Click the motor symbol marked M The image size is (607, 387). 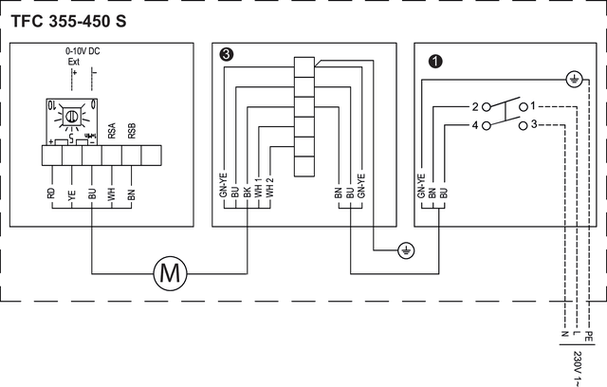click(x=172, y=275)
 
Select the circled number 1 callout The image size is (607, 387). click(x=435, y=61)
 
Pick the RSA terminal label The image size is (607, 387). click(x=111, y=132)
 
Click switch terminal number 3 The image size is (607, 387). click(x=534, y=124)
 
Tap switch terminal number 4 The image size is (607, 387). click(x=473, y=124)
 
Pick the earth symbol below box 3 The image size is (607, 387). click(x=405, y=251)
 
